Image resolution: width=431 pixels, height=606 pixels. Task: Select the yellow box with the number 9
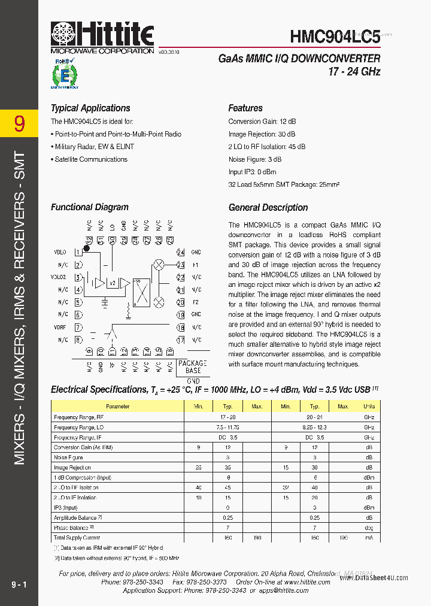pos(19,124)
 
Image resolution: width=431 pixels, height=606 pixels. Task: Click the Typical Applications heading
pos(90,108)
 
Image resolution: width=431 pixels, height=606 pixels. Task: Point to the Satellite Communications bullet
pos(90,159)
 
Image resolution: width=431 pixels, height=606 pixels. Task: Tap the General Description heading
pos(268,208)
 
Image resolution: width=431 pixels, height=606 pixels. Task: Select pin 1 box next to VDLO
pos(78,253)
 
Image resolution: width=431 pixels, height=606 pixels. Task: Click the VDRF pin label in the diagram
pos(59,327)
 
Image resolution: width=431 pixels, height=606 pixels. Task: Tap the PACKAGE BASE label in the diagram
pos(192,367)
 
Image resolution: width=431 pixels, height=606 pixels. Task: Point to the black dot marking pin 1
pos(86,248)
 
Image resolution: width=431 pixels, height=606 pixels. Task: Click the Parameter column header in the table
pos(117,407)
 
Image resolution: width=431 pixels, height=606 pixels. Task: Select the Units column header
pos(369,407)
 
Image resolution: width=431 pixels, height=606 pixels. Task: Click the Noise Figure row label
pos(68,457)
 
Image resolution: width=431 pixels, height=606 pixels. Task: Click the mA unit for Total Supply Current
pos(369,538)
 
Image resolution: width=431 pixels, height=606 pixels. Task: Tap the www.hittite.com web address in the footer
pos(308,582)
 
